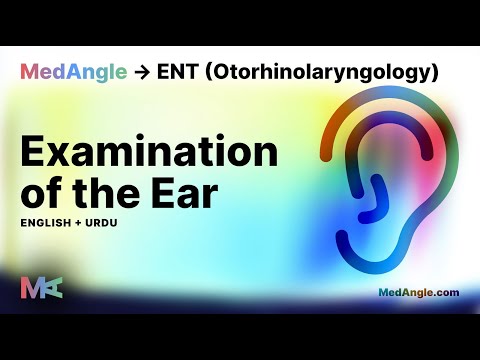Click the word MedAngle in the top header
tap(74, 72)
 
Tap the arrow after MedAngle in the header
tap(142, 72)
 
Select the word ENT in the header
tap(177, 72)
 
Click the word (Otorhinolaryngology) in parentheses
tap(319, 73)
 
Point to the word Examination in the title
tap(149, 155)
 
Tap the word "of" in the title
tap(43, 195)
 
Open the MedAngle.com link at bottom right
tap(419, 293)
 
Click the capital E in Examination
tap(33, 155)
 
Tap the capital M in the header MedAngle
tap(30, 72)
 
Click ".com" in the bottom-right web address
tap(445, 293)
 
